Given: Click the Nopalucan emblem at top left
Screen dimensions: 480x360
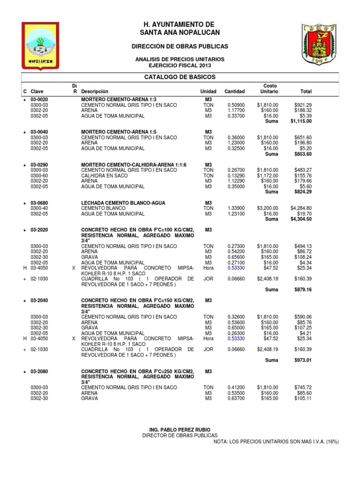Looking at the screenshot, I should coord(41,46).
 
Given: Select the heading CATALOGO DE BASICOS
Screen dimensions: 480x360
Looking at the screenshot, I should coord(180,77).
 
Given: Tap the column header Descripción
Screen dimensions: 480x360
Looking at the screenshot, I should coord(94,91).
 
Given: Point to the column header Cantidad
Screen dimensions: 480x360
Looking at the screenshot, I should coord(234,91).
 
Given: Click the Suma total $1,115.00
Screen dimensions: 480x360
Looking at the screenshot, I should coord(301,121).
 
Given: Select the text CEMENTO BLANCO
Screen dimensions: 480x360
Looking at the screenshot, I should coord(101,208).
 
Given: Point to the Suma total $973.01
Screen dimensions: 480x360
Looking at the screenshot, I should coord(302,360).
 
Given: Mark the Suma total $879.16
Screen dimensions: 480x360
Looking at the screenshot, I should coord(302,290).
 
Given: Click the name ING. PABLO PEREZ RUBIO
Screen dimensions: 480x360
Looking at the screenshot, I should coord(180,430).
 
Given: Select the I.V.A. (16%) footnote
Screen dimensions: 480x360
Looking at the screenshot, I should coord(276,442).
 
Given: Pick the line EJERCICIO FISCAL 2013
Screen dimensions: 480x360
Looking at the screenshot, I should coord(180,65).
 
